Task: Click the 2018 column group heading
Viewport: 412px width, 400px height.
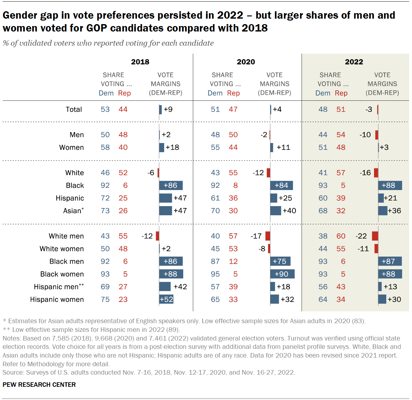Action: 140,62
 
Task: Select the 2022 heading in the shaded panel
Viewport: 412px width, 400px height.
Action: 354,62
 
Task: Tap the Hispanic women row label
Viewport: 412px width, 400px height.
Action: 57,299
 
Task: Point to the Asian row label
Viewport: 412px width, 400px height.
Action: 73,211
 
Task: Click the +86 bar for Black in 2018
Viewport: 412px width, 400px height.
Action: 171,185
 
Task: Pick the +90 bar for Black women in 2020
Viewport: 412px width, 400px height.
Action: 282,274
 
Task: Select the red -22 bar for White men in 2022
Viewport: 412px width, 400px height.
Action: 375,236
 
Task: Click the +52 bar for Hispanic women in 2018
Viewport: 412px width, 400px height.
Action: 166,299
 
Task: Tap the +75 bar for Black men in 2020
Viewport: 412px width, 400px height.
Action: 280,261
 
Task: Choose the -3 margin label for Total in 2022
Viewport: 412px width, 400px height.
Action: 369,109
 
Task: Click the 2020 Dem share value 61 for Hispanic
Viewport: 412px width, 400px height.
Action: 215,198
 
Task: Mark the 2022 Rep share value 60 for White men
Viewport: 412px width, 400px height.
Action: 341,236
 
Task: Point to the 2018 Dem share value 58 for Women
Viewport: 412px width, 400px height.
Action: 105,147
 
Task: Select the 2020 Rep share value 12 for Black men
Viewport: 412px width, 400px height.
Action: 233,261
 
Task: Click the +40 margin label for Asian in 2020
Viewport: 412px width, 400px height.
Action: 289,211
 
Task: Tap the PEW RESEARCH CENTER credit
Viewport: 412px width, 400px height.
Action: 39,385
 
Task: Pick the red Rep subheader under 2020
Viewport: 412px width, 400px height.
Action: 233,93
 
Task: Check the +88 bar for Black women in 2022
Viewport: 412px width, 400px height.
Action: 390,274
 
